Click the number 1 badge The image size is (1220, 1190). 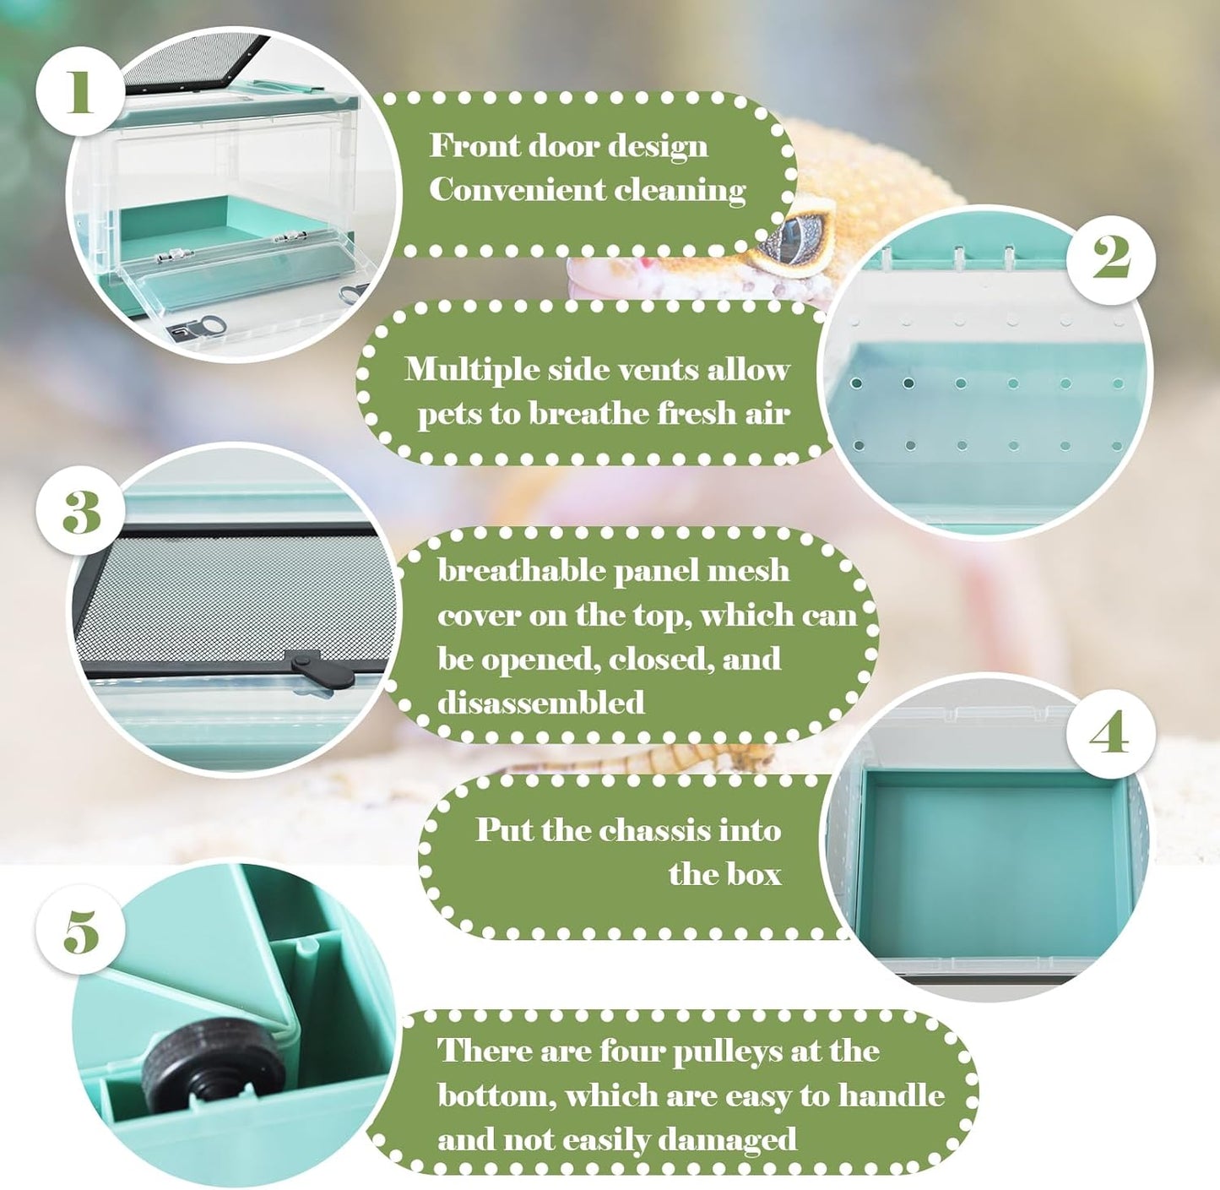79,91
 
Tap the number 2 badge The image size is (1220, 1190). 1111,259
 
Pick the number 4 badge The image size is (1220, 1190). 1110,734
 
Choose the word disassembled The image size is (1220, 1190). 541,702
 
